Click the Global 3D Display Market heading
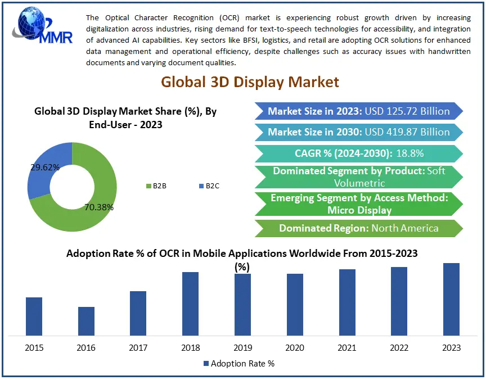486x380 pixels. (x=250, y=82)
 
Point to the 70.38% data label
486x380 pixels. (x=99, y=207)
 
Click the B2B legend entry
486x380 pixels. (x=156, y=186)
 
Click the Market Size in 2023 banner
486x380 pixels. (x=358, y=111)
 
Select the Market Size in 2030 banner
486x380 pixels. (x=358, y=133)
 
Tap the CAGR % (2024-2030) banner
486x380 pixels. (x=358, y=153)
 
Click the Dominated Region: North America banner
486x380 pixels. (x=358, y=228)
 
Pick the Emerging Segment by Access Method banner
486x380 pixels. (x=358, y=204)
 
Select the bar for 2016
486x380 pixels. (x=86, y=321)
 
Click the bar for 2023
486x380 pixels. (x=451, y=299)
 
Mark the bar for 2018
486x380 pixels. (x=190, y=304)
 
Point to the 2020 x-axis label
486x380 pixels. (x=295, y=348)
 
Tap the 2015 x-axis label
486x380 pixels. (x=34, y=348)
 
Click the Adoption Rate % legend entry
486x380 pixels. (x=238, y=364)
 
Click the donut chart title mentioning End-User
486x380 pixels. (x=125, y=117)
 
